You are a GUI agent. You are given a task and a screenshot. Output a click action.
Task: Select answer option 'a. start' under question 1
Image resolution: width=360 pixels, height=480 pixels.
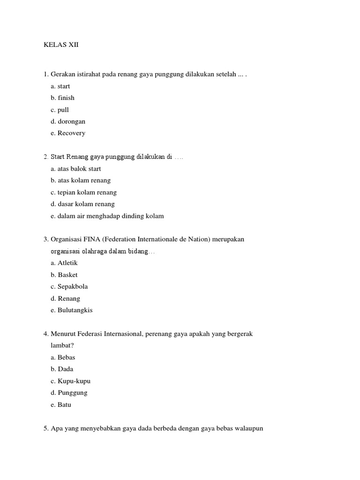click(x=60, y=86)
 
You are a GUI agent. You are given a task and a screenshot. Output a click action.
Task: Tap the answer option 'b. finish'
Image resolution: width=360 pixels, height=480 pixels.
click(x=62, y=98)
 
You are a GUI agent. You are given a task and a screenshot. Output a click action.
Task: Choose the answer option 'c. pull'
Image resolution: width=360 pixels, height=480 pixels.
click(x=60, y=110)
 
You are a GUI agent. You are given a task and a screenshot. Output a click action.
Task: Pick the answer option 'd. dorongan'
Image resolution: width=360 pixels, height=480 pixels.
click(x=68, y=121)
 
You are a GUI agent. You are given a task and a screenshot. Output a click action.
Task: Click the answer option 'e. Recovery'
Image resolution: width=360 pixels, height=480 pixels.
click(x=68, y=133)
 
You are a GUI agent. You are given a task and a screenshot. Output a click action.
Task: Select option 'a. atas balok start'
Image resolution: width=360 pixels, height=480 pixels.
click(x=75, y=169)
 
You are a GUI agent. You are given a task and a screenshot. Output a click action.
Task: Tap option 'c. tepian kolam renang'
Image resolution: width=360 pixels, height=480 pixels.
click(x=83, y=192)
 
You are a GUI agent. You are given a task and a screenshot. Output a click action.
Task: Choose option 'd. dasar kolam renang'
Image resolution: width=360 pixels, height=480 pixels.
click(x=82, y=204)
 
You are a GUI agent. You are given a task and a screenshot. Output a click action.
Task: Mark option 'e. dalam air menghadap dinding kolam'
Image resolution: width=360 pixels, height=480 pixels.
click(x=107, y=216)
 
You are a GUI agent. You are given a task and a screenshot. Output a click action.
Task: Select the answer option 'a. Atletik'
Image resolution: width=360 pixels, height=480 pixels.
click(x=64, y=263)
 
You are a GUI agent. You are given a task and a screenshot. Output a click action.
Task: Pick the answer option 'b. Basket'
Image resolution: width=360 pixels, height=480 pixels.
click(x=64, y=275)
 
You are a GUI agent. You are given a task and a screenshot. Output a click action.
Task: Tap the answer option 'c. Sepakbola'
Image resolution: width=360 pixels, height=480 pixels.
click(x=69, y=286)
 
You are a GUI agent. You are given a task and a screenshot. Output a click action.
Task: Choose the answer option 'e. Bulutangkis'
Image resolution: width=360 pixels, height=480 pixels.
click(x=72, y=310)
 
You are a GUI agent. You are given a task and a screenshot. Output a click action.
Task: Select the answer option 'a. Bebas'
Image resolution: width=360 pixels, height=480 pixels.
click(x=63, y=357)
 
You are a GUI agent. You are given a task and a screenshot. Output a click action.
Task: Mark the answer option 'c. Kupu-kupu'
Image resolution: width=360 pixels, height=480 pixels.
click(x=70, y=381)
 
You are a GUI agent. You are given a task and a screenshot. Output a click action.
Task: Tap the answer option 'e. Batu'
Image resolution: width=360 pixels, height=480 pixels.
click(x=61, y=405)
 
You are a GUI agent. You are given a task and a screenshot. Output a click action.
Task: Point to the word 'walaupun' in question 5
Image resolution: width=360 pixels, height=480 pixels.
click(x=249, y=428)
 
